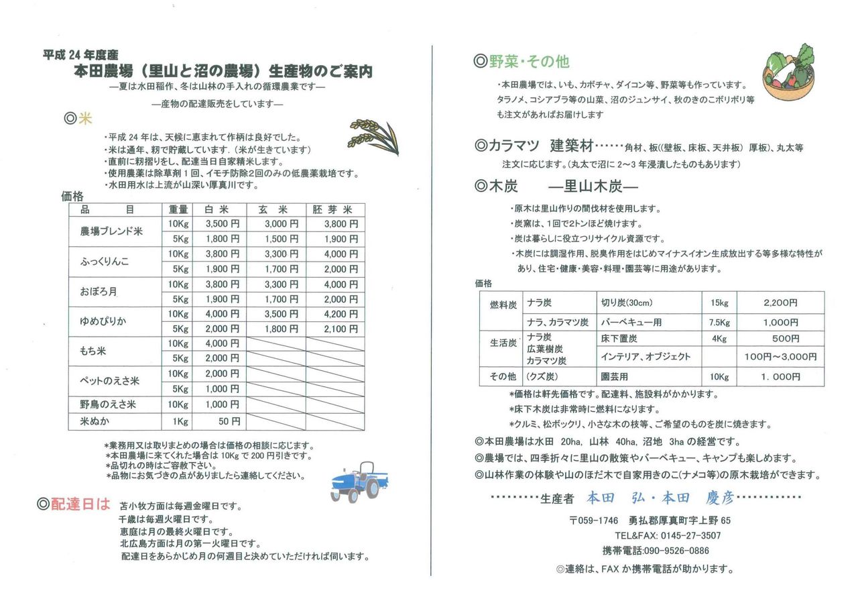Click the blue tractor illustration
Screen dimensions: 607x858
point(358,481)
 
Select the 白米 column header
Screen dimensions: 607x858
point(219,209)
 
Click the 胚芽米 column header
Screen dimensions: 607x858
point(335,209)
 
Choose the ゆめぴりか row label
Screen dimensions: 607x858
point(103,321)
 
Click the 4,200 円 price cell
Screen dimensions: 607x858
point(341,314)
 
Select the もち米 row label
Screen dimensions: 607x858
point(93,351)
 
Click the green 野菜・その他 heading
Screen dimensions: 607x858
point(522,62)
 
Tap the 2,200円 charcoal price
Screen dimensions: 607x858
point(780,302)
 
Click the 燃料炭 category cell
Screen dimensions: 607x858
point(503,304)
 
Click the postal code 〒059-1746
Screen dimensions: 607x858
point(593,520)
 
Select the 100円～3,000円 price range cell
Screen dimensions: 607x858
point(780,357)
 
